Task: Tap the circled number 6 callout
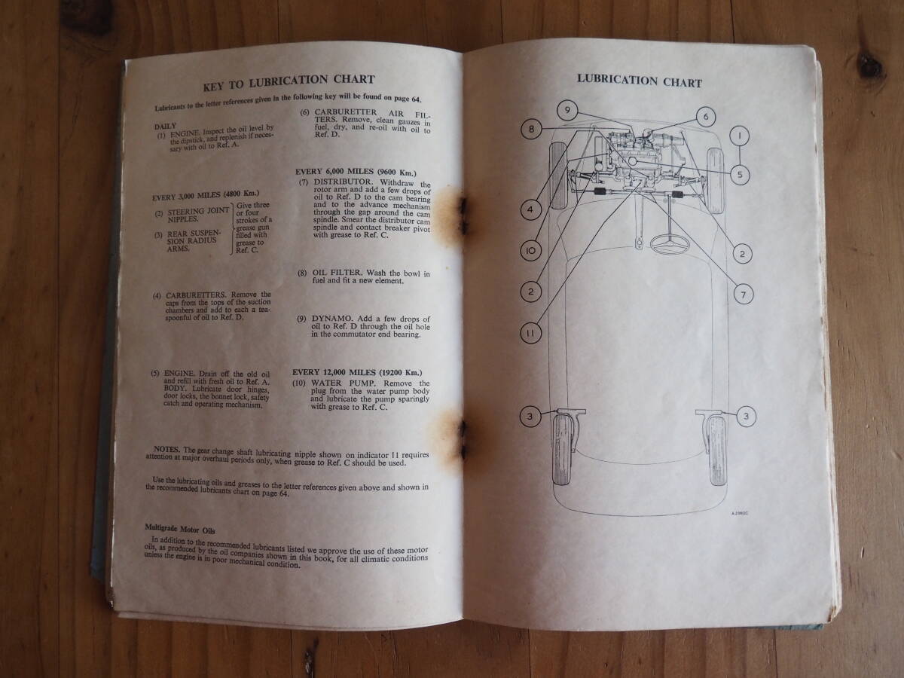point(706,117)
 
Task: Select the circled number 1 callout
point(741,136)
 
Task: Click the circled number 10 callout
point(530,250)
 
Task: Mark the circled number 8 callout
point(531,130)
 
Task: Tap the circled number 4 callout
point(530,209)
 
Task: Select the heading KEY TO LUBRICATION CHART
point(288,79)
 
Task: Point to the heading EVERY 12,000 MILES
point(358,373)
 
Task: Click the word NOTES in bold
point(166,448)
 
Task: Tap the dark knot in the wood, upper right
point(872,66)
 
